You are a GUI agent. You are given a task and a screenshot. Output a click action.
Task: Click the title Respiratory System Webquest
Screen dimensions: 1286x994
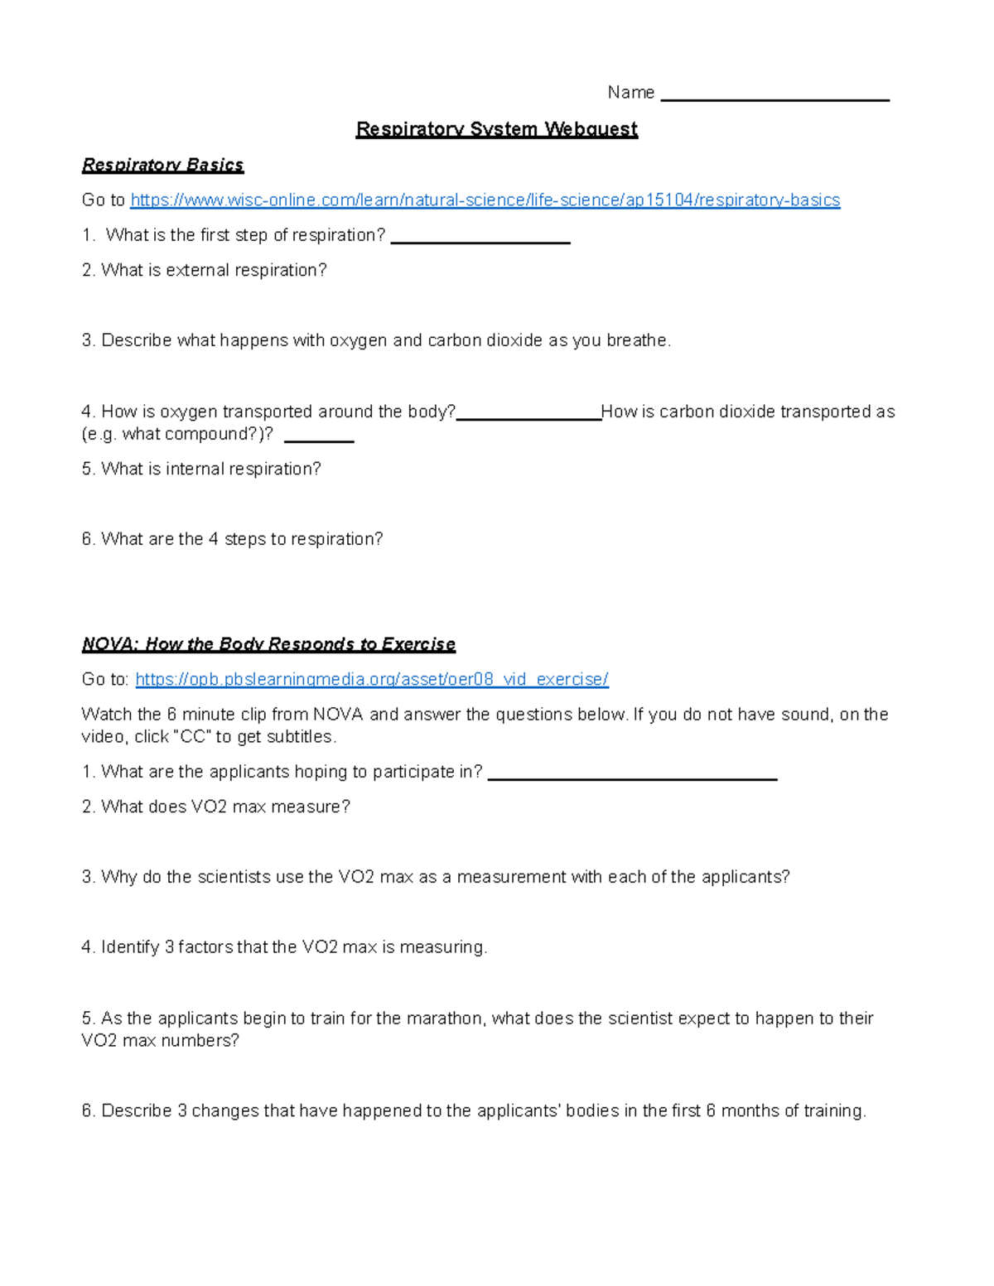[x=496, y=129]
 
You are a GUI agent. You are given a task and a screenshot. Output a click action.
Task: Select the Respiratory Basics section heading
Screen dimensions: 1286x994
[x=162, y=165]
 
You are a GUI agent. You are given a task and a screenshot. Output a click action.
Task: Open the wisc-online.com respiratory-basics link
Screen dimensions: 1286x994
[x=485, y=200]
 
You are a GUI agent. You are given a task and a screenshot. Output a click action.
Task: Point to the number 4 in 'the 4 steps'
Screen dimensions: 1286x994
[x=214, y=539]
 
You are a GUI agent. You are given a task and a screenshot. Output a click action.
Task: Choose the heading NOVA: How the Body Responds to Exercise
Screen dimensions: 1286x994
[x=268, y=644]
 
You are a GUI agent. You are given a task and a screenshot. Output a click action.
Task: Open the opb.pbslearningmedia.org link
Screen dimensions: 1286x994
[x=371, y=680]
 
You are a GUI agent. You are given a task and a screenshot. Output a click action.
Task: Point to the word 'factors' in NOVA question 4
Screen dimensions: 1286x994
[x=205, y=947]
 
